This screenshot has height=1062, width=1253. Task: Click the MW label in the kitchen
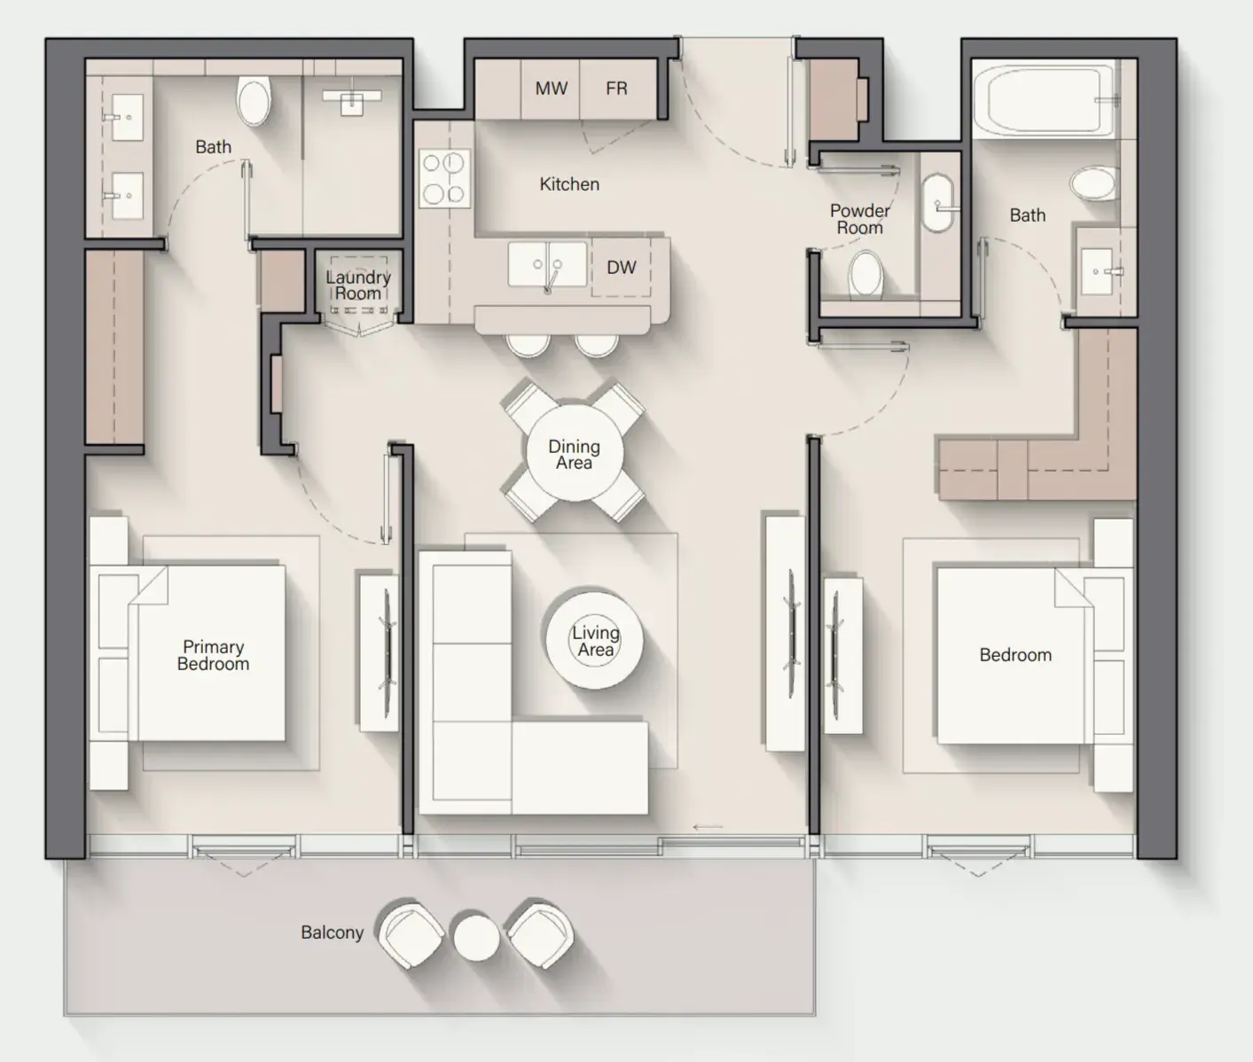point(551,89)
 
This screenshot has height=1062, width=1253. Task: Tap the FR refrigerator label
point(616,89)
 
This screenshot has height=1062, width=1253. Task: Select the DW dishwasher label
point(622,268)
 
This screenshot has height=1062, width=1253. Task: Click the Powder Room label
point(859,219)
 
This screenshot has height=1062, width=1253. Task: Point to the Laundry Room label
point(358,285)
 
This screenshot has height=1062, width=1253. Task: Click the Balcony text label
point(333,933)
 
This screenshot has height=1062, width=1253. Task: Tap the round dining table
point(574,453)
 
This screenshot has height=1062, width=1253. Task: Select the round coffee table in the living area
point(595,641)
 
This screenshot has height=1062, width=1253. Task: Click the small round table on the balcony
point(477,938)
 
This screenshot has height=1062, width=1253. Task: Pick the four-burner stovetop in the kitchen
point(444,178)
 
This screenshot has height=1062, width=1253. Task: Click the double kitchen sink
point(547,264)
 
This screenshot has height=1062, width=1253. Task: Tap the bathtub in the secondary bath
point(1044,99)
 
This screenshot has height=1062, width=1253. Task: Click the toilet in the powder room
point(866,275)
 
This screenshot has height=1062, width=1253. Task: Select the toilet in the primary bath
point(254,101)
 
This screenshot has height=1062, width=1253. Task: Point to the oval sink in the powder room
point(937,204)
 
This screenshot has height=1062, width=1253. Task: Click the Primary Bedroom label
point(213,655)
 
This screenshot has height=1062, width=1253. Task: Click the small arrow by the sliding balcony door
point(708,827)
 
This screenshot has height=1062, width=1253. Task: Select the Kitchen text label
point(569,184)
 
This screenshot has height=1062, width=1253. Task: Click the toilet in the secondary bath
point(1092,184)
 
